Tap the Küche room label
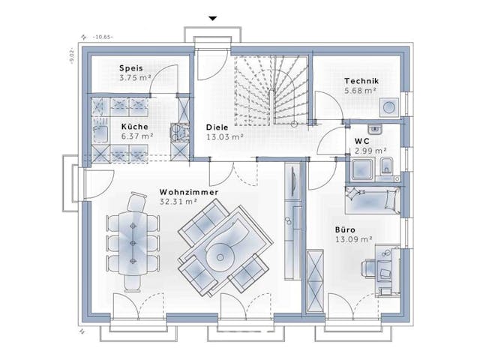coord(135,127)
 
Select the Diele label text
coord(217,127)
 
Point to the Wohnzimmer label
coord(188,193)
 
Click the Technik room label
coord(361,81)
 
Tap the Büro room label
coord(346,230)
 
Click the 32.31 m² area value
coord(178,202)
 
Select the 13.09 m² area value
coord(353,240)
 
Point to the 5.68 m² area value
coord(361,91)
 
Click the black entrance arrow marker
coord(213,18)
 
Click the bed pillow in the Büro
coord(391,199)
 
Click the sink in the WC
coord(376,128)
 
